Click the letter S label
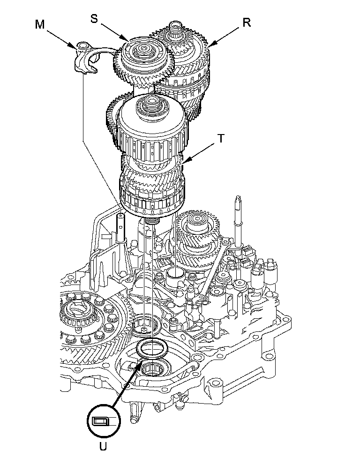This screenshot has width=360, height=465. (x=95, y=18)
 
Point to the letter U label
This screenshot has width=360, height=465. (x=103, y=446)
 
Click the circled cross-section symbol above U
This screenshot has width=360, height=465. (x=103, y=420)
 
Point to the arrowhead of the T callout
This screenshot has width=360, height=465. (x=184, y=163)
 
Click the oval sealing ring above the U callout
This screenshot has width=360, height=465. (x=151, y=348)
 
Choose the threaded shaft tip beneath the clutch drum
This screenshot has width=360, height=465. (x=151, y=221)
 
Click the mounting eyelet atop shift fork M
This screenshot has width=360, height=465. (x=82, y=45)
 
